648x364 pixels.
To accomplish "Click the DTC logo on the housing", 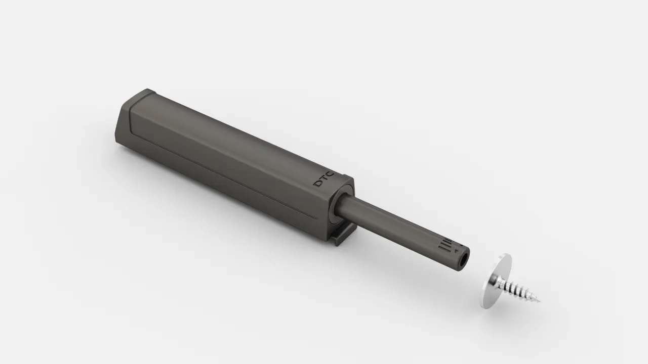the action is coord(325,179).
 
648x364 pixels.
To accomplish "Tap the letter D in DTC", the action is coord(318,184).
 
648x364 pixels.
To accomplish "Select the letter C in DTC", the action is coord(331,175).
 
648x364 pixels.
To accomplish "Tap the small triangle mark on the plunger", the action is coord(456,251).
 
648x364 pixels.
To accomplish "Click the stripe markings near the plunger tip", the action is coord(445,246).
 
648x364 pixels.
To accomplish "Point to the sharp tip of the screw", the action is coord(540,302).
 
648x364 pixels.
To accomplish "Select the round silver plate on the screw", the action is coord(496,281).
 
